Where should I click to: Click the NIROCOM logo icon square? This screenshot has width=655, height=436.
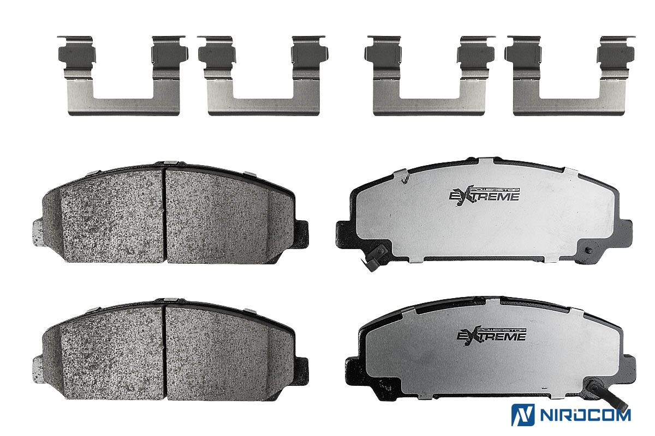[523, 415]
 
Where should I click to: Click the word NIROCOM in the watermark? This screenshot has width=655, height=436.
[585, 415]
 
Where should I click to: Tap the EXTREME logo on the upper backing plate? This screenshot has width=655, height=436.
[484, 196]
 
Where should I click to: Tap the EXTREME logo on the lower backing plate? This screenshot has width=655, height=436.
[491, 336]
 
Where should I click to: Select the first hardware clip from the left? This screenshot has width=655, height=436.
[123, 76]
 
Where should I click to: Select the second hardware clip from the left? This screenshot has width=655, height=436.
[263, 76]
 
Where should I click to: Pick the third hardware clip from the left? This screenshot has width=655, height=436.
[430, 76]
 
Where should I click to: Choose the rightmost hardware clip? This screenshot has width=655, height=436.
[570, 76]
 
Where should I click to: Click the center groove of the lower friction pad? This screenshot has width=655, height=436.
[165, 353]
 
